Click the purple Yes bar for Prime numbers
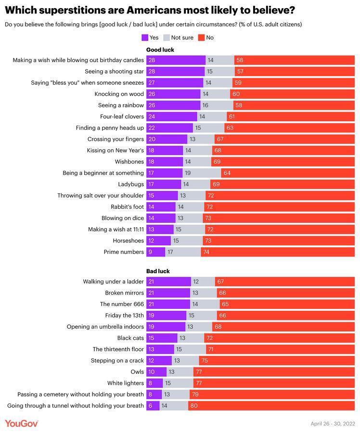pos(155,252)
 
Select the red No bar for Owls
pos(274,372)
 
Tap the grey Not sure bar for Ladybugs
pos(195,184)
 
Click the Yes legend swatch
pos(144,38)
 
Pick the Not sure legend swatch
pos(167,38)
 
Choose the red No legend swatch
pos(201,38)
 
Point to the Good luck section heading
pos(160,50)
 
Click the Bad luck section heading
pos(158,271)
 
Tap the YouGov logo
pos(22,423)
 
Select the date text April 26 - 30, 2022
pos(333,424)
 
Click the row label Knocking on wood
pos(119,94)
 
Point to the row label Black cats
pos(130,338)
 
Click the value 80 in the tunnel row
pos(193,406)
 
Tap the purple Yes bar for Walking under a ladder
pos(168,281)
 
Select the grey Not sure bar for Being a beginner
pos(202,173)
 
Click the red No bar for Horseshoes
pos(279,241)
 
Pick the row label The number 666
pos(122,304)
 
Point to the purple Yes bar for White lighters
pos(154,383)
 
